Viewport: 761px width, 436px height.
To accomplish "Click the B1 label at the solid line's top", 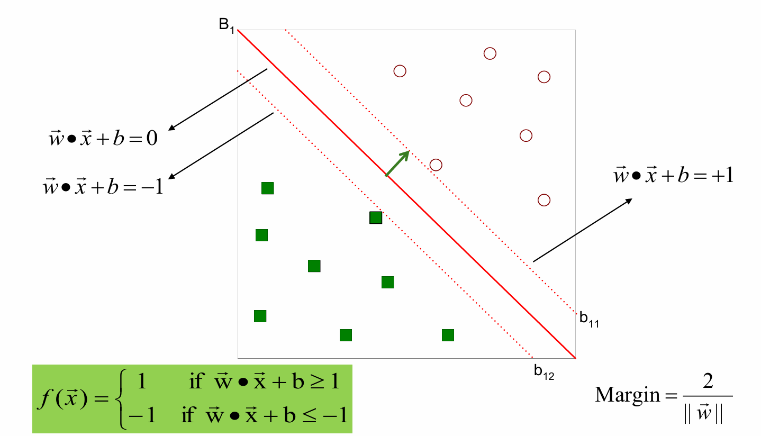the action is point(227,25).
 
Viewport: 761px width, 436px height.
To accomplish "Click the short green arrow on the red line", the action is point(397,163).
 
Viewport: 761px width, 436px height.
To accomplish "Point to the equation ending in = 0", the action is point(103,140).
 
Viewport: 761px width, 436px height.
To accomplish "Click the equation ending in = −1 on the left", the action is point(103,186).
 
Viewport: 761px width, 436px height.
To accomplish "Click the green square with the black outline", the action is point(375,217).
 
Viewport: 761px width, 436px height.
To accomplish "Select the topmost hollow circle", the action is point(490,53).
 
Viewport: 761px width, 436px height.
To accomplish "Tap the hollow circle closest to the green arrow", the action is point(436,165).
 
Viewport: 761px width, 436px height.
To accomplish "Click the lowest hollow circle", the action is point(543,200).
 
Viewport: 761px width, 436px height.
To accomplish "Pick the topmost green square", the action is point(268,188).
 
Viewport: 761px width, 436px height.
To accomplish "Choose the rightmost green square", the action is point(448,335).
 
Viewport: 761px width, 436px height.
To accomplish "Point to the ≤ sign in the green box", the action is point(311,416).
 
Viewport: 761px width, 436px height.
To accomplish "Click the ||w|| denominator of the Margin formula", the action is point(707,412).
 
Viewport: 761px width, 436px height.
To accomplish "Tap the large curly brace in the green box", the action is point(123,398).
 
